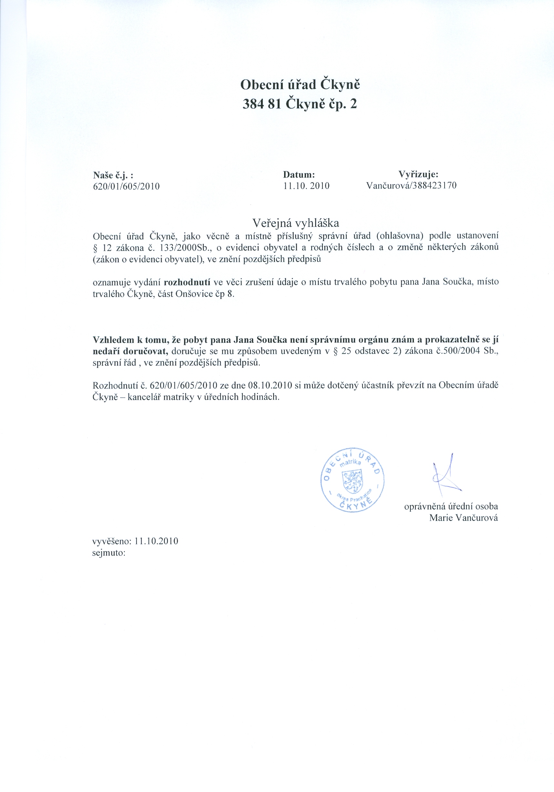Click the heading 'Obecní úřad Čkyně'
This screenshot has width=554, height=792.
tap(300, 85)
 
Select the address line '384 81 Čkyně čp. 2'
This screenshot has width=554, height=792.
tap(300, 104)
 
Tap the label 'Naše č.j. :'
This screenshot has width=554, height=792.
tap(113, 175)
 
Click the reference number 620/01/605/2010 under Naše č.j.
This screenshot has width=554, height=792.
tap(126, 187)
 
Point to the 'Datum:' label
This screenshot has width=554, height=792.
tap(299, 175)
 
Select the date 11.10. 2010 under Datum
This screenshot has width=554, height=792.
tap(306, 186)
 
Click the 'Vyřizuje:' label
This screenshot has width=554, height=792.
tap(418, 174)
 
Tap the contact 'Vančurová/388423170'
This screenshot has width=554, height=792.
tap(411, 186)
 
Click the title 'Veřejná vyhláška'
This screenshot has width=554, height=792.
tap(296, 223)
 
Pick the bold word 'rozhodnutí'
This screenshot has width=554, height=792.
tap(187, 282)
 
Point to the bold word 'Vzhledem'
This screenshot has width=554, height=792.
tap(114, 340)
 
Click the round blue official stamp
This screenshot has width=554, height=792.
tap(352, 480)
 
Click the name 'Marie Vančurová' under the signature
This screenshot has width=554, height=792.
tap(463, 518)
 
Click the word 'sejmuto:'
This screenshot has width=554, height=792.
tap(109, 553)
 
